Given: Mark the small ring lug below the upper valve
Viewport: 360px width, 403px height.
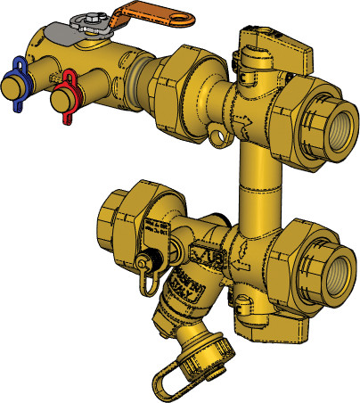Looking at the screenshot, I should click(217, 136).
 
